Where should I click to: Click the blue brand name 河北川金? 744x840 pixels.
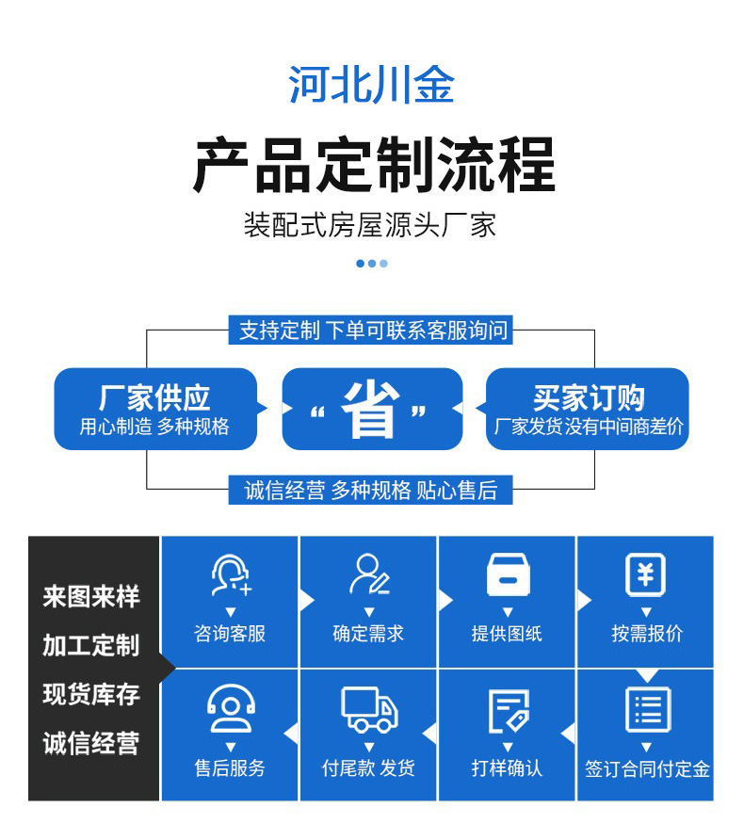[x=371, y=85]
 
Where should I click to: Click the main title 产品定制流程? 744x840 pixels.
[x=373, y=164]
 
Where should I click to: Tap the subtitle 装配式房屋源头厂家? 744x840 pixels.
[x=370, y=226]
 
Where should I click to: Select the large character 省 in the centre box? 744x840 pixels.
[x=370, y=410]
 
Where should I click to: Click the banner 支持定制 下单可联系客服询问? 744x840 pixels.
[x=372, y=331]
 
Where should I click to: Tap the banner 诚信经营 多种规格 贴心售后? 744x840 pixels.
[x=370, y=490]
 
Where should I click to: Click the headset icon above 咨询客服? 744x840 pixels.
[x=230, y=574]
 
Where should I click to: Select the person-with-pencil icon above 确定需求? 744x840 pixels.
[x=368, y=573]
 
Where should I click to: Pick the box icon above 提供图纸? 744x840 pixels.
[x=508, y=574]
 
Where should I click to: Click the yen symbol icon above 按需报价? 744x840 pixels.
[x=646, y=573]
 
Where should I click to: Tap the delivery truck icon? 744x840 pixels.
[x=368, y=708]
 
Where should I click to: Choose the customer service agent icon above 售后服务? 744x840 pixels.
[x=230, y=708]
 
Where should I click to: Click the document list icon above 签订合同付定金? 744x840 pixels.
[x=647, y=709]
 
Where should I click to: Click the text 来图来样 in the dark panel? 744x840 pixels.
[x=91, y=597]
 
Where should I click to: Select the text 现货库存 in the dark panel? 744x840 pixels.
[x=91, y=695]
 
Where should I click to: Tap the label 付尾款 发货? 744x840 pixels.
[x=368, y=768]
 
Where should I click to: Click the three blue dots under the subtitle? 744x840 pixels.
[x=372, y=264]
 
